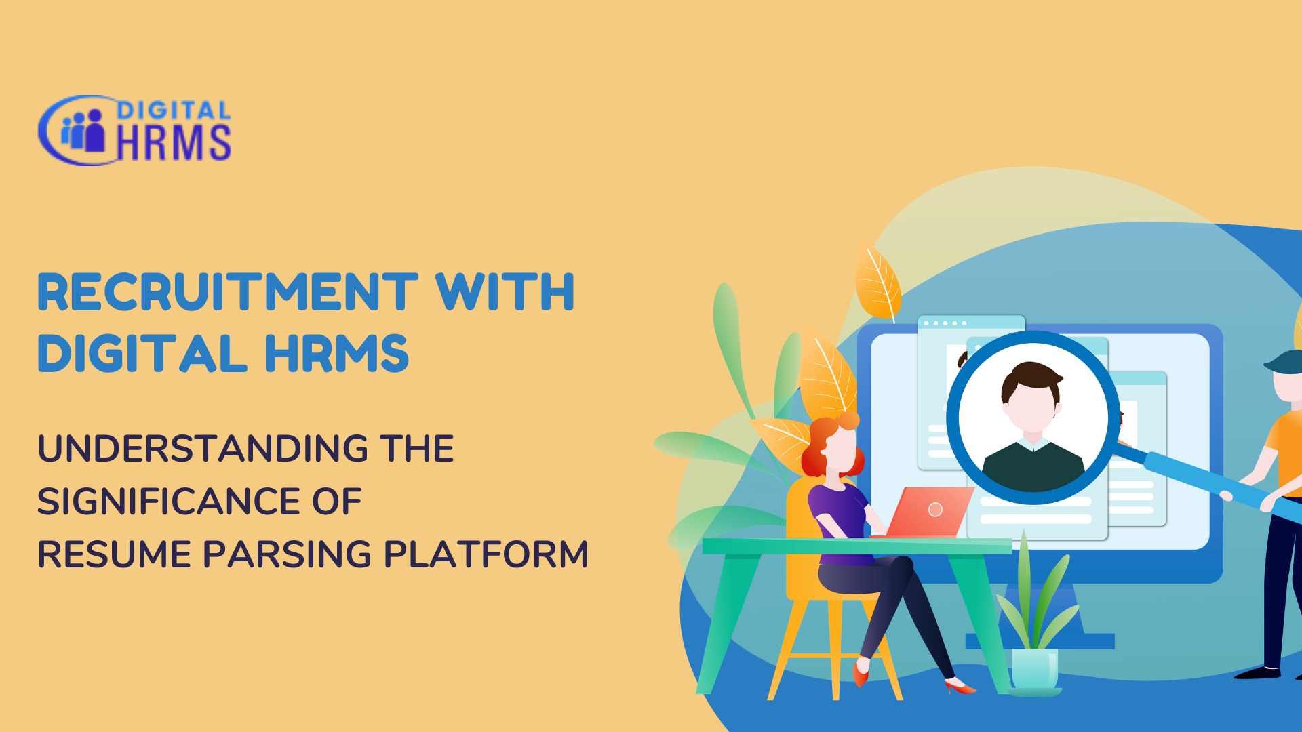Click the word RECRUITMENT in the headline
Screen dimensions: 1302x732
tap(228, 292)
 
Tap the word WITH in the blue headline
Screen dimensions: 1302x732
tap(505, 292)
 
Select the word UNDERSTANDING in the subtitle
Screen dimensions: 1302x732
tap(203, 449)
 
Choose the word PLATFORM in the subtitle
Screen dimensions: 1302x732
tap(486, 554)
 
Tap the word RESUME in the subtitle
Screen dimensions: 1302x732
tap(115, 554)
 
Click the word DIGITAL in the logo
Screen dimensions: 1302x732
tap(174, 110)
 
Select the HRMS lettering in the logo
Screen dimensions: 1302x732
tap(174, 142)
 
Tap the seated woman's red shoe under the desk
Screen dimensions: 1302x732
tap(861, 672)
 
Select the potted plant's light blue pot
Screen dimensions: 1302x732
tap(1035, 668)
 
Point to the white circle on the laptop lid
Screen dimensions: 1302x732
tap(935, 510)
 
